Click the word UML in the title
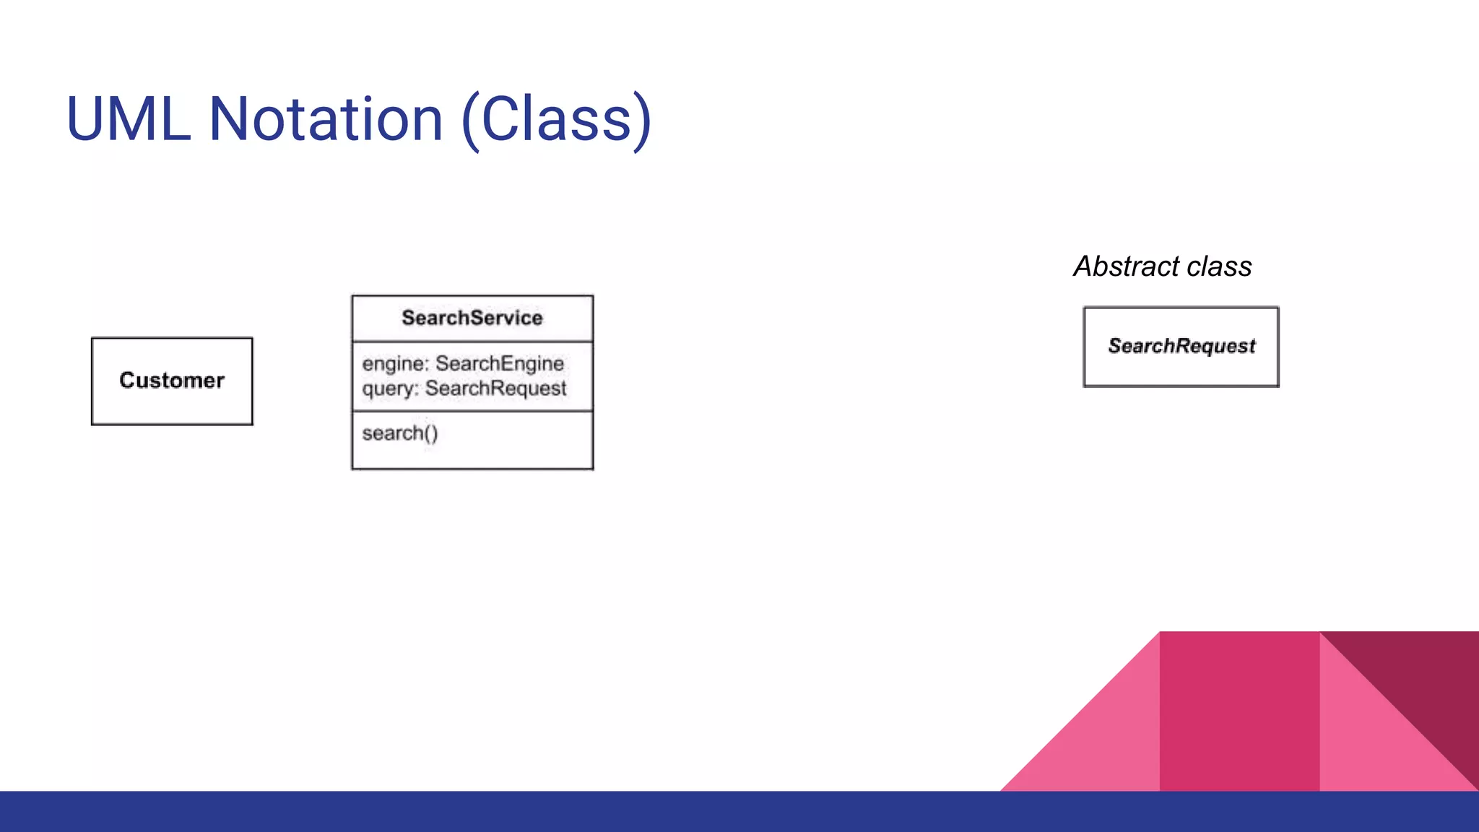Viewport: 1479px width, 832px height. click(x=129, y=119)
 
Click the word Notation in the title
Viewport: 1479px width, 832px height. click(x=326, y=119)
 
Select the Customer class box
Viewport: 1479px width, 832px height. click(x=172, y=381)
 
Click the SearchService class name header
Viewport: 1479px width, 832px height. click(x=472, y=318)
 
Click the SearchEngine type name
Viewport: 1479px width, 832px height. click(x=499, y=363)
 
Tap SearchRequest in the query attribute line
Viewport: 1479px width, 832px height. click(x=495, y=389)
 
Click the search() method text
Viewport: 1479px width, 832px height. click(x=400, y=433)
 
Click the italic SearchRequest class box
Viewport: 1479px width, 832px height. click(x=1181, y=347)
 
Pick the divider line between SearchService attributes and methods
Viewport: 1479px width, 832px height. click(x=472, y=412)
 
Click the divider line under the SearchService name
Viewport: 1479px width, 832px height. click(x=472, y=342)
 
